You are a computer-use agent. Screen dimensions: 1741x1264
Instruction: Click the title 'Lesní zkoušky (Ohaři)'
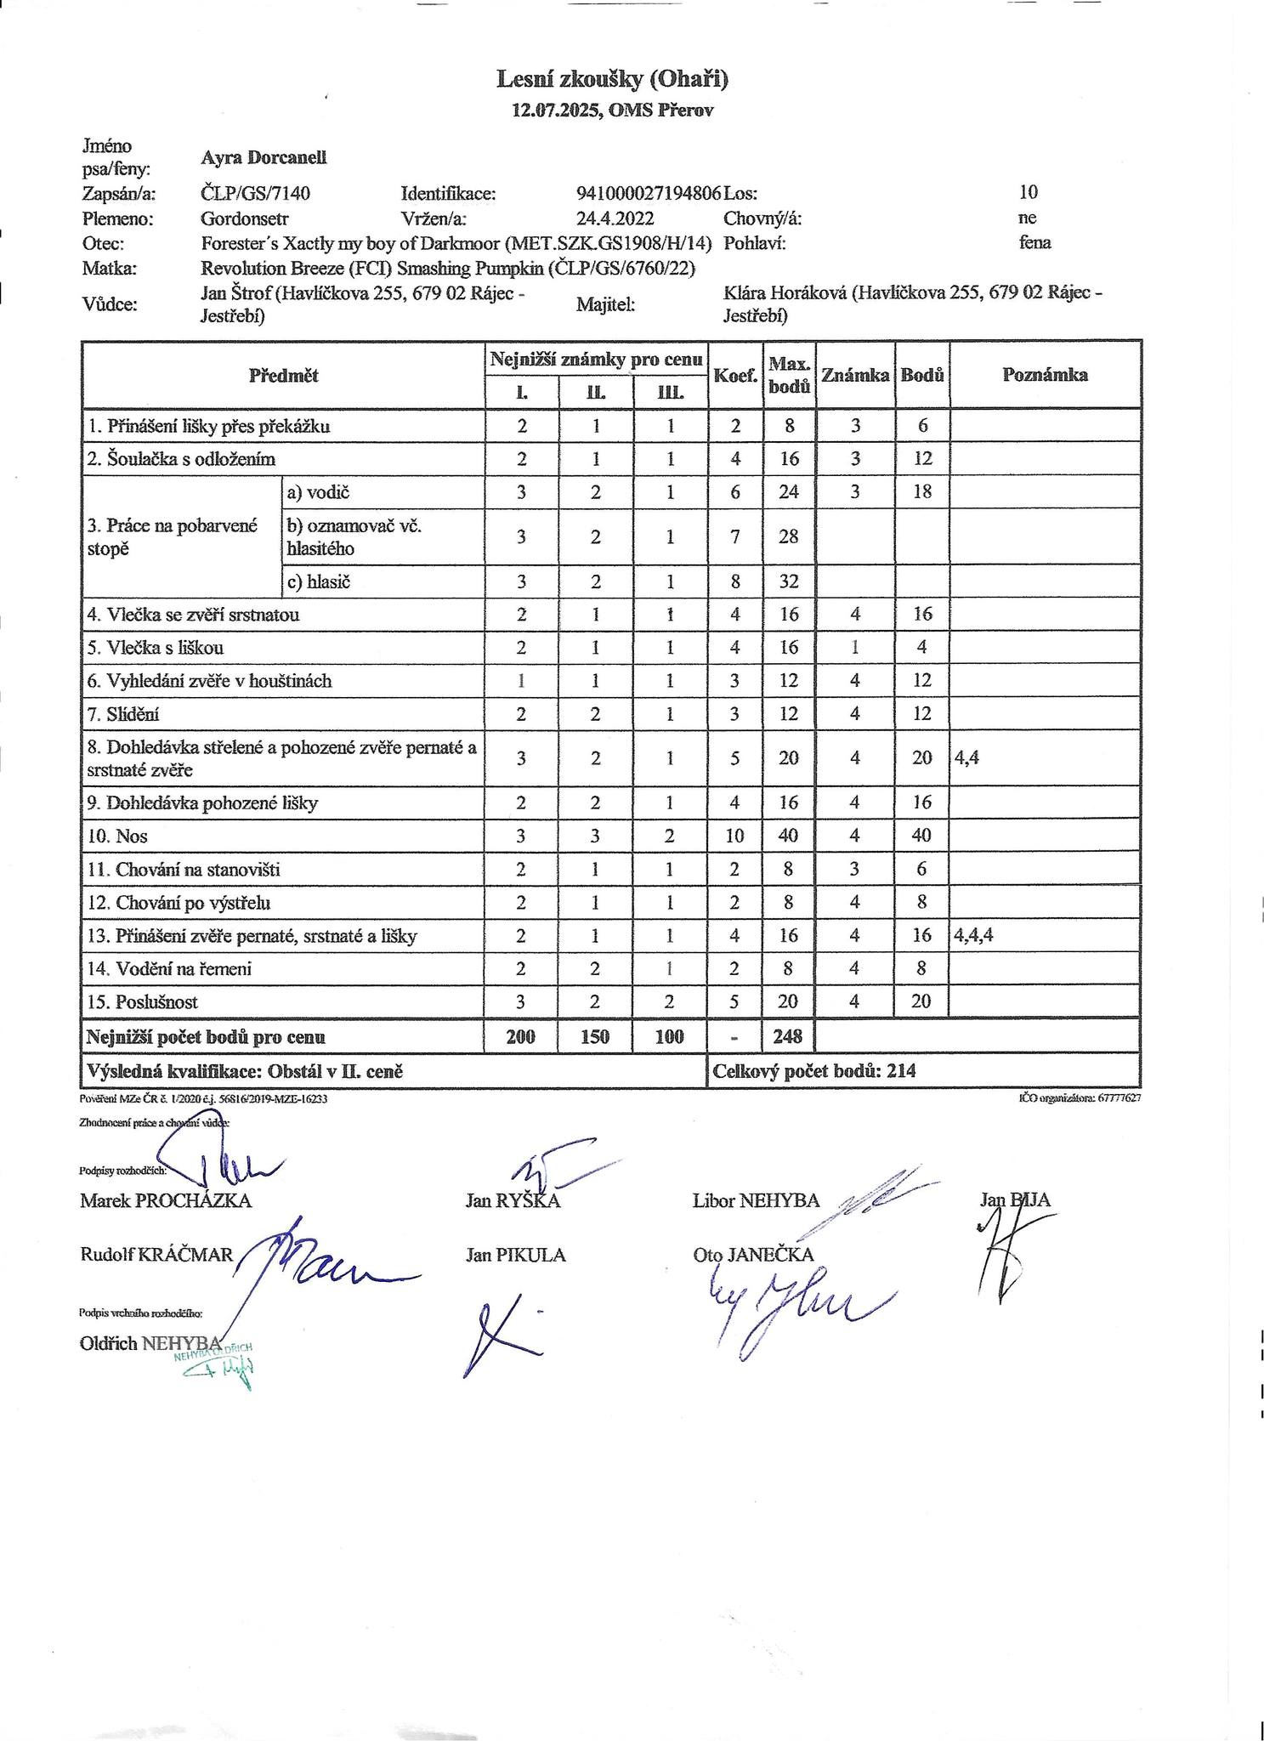click(x=612, y=79)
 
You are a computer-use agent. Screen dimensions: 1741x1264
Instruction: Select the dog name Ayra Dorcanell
click(x=264, y=157)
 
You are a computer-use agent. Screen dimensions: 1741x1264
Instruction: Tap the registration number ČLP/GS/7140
click(x=255, y=193)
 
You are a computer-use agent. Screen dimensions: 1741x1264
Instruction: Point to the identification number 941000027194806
click(x=649, y=193)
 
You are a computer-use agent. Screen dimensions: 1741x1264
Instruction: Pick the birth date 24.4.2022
click(x=615, y=218)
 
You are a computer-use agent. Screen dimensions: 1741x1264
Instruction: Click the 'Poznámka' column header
click(x=1045, y=375)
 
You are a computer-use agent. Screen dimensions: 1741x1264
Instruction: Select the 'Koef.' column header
click(x=735, y=375)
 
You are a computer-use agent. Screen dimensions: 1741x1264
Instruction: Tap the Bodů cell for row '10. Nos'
click(x=922, y=836)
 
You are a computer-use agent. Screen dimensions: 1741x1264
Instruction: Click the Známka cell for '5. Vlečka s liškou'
click(x=855, y=647)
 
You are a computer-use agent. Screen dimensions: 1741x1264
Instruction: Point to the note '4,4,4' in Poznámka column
click(x=974, y=936)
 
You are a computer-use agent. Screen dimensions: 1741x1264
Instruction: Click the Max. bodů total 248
click(x=789, y=1036)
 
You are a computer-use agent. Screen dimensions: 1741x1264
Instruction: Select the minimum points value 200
click(x=521, y=1036)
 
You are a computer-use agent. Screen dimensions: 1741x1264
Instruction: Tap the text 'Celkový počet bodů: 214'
click(x=813, y=1071)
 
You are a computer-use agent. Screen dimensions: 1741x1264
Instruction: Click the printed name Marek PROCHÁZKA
click(x=166, y=1200)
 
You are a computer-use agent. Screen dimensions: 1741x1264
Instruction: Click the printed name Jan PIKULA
click(x=515, y=1255)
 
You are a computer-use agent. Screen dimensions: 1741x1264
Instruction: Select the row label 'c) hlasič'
click(x=319, y=582)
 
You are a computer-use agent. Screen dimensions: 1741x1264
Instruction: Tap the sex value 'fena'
click(x=1034, y=243)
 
